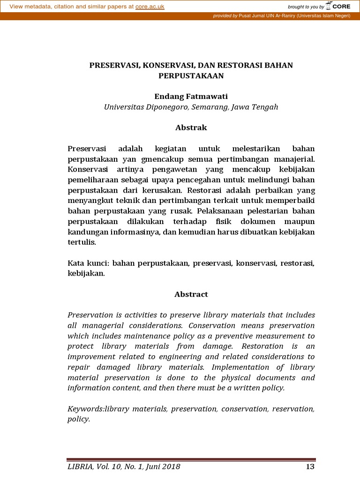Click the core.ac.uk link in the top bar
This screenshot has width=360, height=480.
click(150, 7)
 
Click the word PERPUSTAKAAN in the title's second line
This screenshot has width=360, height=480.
click(191, 75)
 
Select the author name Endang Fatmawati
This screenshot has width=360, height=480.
click(191, 96)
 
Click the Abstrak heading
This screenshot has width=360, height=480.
click(191, 127)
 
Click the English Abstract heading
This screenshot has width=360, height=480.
click(191, 294)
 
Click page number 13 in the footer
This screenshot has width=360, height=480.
click(309, 467)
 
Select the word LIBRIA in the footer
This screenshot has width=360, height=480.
click(80, 467)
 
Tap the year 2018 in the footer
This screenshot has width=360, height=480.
click(170, 467)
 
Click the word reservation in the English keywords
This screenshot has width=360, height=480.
click(291, 409)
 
